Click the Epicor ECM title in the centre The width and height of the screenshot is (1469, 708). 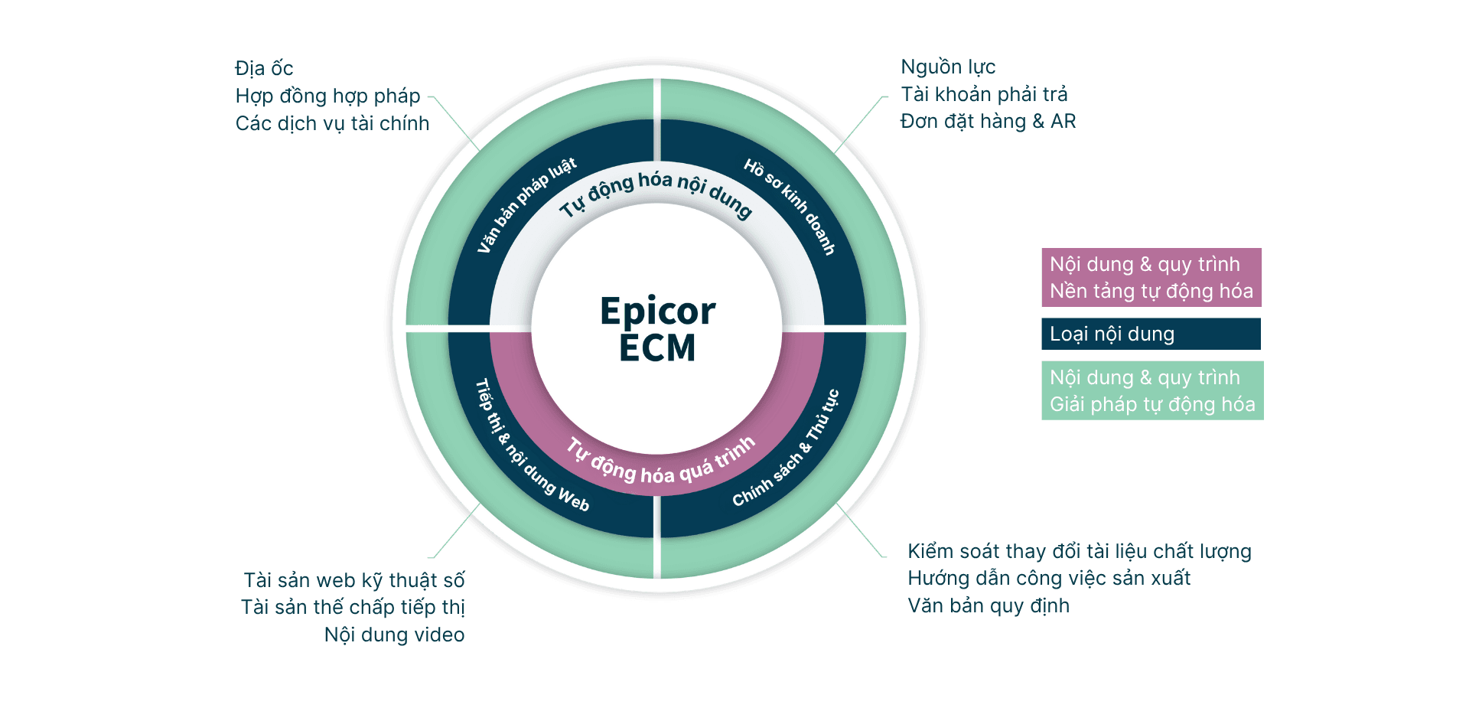[657, 329]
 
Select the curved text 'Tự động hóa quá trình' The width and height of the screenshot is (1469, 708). [660, 463]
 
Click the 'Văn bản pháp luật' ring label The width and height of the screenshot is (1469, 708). [526, 205]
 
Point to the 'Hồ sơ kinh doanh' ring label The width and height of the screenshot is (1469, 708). [790, 205]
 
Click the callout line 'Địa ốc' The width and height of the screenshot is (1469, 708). [264, 69]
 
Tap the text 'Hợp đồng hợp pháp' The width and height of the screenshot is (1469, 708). [327, 96]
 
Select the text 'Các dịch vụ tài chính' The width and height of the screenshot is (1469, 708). [332, 124]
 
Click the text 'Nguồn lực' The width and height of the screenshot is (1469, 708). [948, 67]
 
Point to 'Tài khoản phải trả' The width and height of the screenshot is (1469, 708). [984, 94]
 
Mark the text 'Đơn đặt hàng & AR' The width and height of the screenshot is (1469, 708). [988, 122]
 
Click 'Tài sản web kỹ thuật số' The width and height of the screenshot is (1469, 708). [354, 580]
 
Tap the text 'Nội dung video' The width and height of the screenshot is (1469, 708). [394, 635]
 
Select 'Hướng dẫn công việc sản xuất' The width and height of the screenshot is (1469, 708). [1048, 579]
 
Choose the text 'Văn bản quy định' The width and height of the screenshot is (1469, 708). [989, 605]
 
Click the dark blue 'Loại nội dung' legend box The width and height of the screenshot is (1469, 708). [1151, 334]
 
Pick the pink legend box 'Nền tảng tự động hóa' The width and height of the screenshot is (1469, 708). [1151, 277]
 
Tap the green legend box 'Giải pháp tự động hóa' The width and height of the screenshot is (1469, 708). [1151, 390]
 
